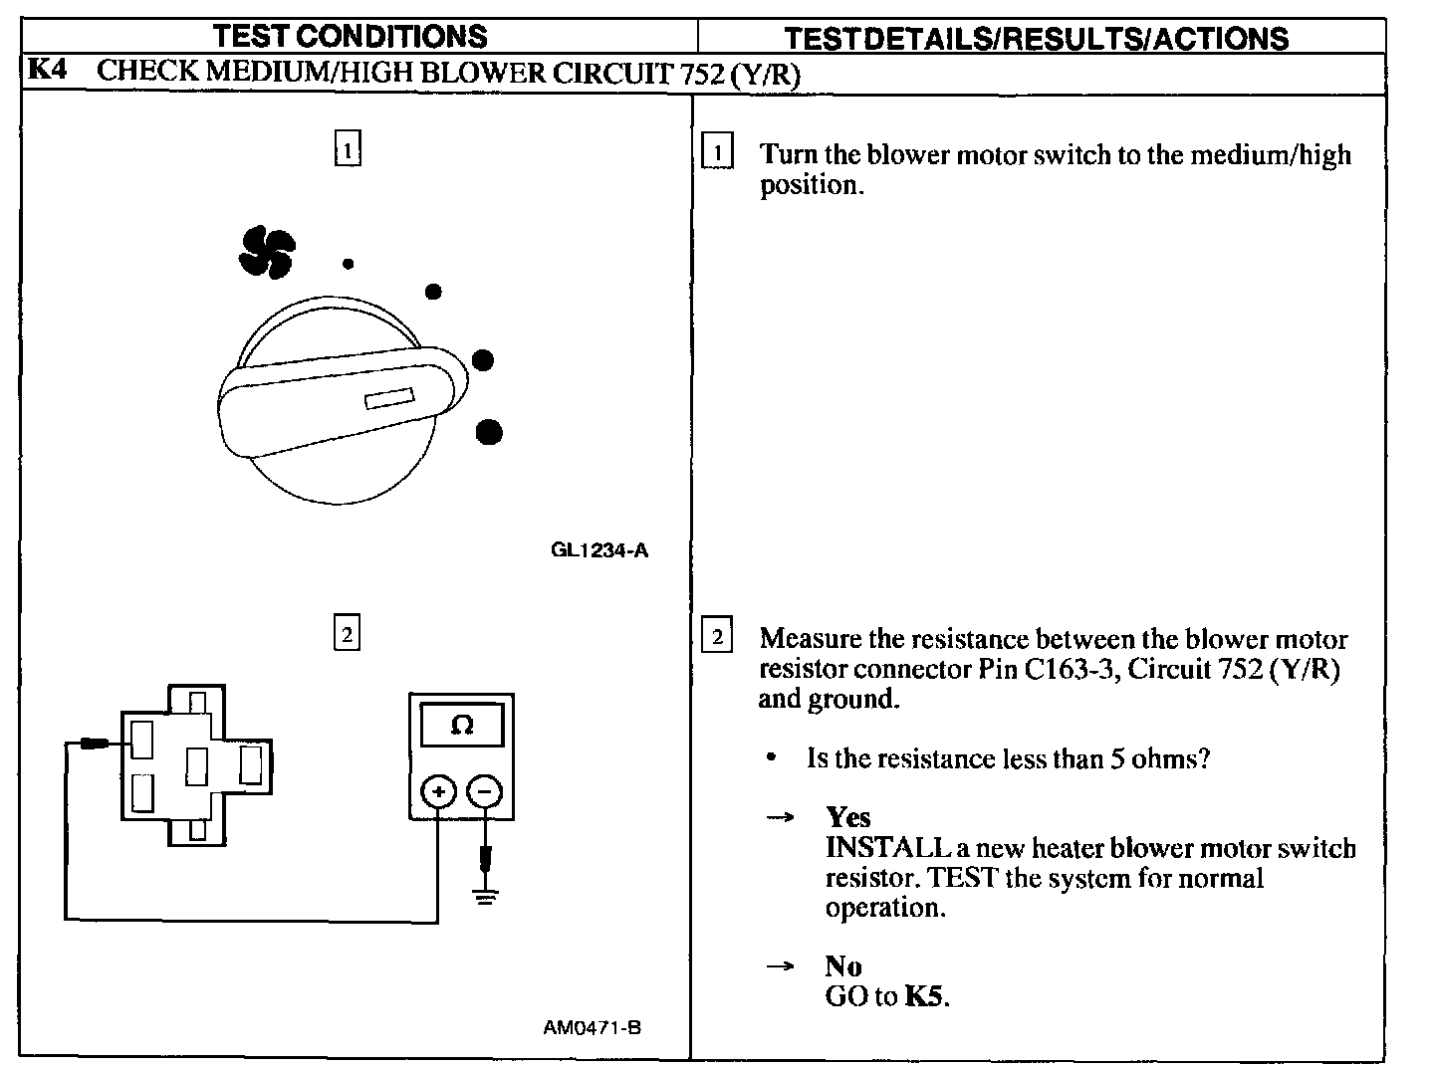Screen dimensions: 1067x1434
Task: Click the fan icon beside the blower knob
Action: click(266, 252)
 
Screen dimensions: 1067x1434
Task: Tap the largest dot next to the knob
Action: click(488, 432)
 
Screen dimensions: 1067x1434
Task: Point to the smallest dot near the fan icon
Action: click(348, 264)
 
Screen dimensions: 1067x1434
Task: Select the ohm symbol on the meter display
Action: click(461, 726)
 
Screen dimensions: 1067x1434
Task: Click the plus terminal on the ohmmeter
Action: click(438, 792)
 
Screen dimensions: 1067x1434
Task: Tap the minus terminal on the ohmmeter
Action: click(485, 792)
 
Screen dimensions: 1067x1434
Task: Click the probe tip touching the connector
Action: click(97, 744)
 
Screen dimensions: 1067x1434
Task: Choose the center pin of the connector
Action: click(195, 765)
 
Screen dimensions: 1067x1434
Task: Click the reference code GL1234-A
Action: click(599, 550)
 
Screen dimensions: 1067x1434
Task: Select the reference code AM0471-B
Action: click(593, 1028)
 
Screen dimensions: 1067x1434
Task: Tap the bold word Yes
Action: click(848, 817)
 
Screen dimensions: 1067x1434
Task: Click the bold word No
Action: click(843, 965)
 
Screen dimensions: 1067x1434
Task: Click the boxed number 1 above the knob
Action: click(347, 149)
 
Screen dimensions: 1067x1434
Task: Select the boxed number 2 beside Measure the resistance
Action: click(717, 635)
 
